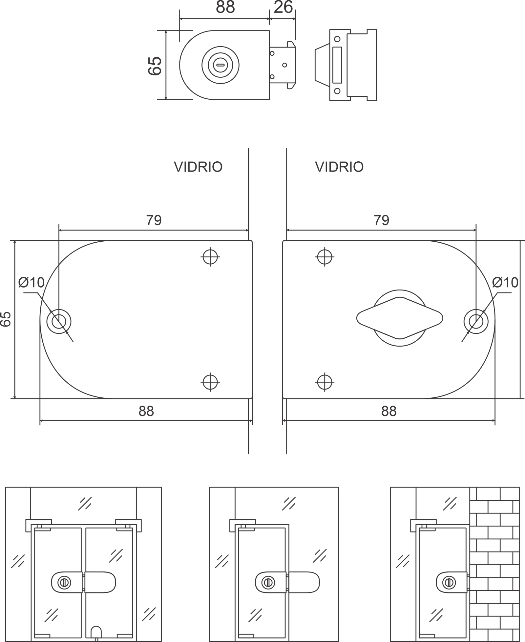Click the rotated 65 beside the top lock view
[x=155, y=66]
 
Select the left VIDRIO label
[x=198, y=167]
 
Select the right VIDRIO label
[x=340, y=167]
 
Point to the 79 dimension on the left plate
[x=154, y=220]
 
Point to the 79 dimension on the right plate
[x=381, y=220]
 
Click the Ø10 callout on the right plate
[x=505, y=282]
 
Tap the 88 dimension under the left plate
[x=146, y=411]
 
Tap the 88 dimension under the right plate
[x=389, y=411]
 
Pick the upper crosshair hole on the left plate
[x=210, y=257]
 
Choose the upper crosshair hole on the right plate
[x=325, y=257]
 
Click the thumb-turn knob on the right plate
[x=400, y=318]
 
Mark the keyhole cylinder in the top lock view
[x=220, y=65]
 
